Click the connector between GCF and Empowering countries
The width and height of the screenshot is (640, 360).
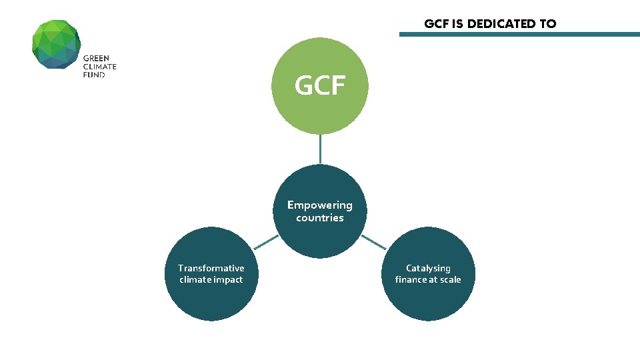pyautogui.click(x=320, y=149)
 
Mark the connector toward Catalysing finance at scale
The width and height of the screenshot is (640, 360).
pyautogui.click(x=373, y=242)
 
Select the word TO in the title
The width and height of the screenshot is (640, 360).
pyautogui.click(x=548, y=24)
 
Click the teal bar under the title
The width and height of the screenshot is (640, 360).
pyautogui.click(x=519, y=34)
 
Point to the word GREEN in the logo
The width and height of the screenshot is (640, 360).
pyautogui.click(x=96, y=59)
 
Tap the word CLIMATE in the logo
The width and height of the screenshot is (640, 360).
pyautogui.click(x=99, y=67)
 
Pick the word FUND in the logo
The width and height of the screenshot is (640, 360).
pyautogui.click(x=94, y=75)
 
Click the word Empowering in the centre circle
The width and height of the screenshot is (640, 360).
pyautogui.click(x=320, y=205)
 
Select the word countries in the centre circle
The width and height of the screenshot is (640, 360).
pyautogui.click(x=320, y=218)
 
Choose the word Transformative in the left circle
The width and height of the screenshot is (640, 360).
pyautogui.click(x=211, y=268)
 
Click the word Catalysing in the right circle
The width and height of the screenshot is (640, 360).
pyautogui.click(x=428, y=268)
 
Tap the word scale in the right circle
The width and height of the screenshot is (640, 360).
pyautogui.click(x=448, y=280)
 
